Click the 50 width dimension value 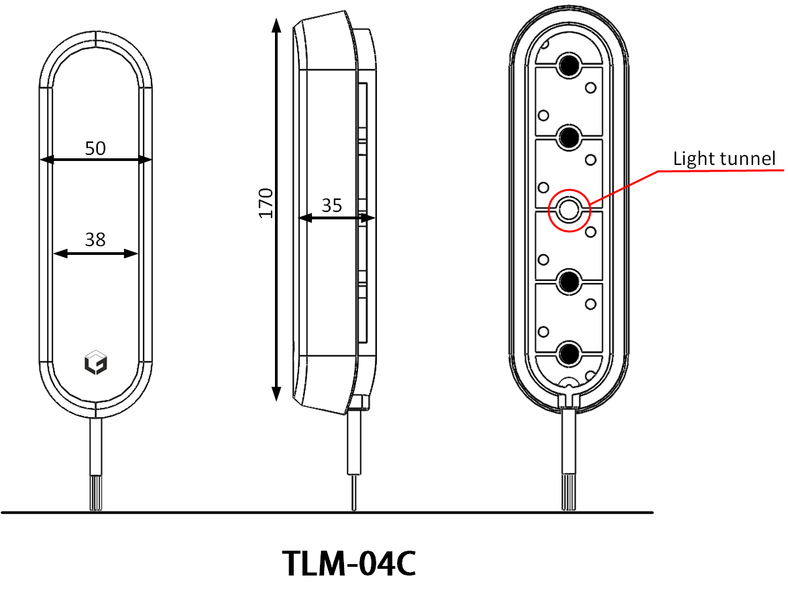[x=95, y=148]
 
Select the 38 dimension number [x=95, y=240]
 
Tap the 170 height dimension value [x=266, y=203]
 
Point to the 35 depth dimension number [x=331, y=206]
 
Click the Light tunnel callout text [x=724, y=159]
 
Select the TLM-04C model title [x=349, y=564]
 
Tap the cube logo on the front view [x=96, y=362]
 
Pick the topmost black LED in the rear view [x=569, y=65]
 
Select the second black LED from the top [x=569, y=137]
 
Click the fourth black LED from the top [x=569, y=281]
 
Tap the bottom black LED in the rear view [x=569, y=352]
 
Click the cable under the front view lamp [x=96, y=463]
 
